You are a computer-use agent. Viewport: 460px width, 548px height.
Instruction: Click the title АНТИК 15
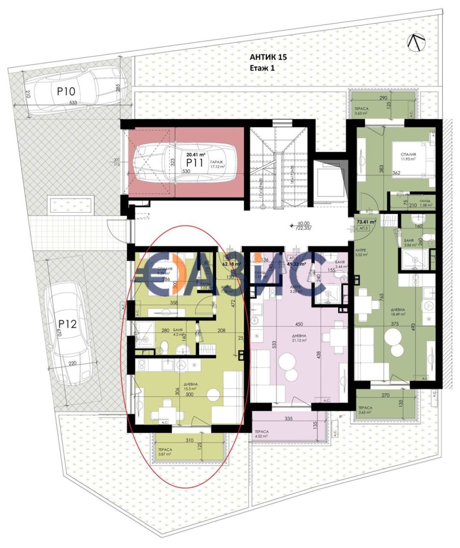click(x=268, y=57)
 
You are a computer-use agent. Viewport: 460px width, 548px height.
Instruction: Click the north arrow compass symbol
click(x=417, y=43)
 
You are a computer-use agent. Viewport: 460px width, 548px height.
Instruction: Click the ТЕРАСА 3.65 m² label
click(x=366, y=410)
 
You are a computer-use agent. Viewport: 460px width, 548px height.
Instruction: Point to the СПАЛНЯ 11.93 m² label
click(x=409, y=157)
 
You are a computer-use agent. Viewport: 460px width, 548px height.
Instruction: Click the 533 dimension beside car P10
click(x=73, y=103)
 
